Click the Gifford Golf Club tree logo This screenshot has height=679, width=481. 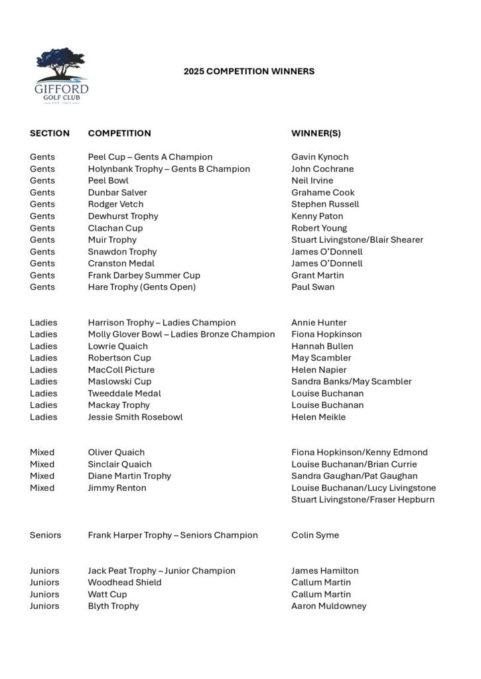coord(61,75)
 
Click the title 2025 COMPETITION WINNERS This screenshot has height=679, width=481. coord(249,72)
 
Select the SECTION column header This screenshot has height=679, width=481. coord(50,133)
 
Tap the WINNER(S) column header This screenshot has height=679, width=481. coord(316,133)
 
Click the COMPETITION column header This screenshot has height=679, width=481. coord(119,133)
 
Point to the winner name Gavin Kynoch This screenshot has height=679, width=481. coord(320,157)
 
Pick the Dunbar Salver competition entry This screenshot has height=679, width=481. coord(117,193)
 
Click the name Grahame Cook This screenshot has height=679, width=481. coord(323,193)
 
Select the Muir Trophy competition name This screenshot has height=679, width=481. coord(112,240)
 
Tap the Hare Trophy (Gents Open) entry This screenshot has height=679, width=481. coord(142,287)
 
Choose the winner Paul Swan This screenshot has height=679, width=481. coord(313,287)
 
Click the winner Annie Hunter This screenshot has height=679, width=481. coord(319,323)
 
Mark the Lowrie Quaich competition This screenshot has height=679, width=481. coord(118,346)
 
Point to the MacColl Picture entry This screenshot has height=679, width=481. coord(121,370)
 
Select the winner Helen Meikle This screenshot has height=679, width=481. coord(318,417)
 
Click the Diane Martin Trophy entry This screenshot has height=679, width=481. coord(129,476)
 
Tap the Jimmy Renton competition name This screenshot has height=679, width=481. coord(117,488)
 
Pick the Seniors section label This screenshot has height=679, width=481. coord(45,535)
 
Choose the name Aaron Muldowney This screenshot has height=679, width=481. coord(329,606)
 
